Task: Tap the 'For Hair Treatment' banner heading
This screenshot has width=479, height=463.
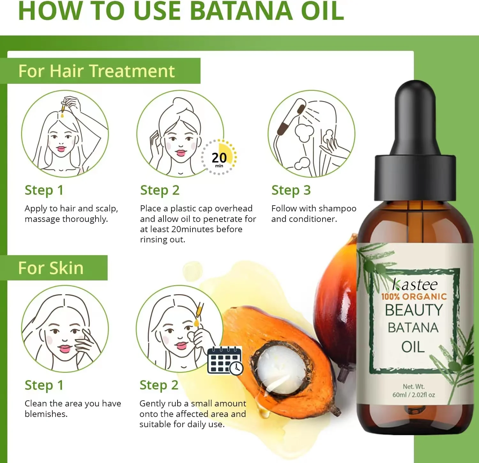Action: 96,71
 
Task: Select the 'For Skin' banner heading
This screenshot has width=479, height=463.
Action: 51,268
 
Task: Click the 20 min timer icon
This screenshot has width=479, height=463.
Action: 219,158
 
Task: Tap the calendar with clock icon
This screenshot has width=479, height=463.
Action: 225,361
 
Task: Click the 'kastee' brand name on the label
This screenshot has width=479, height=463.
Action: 415,284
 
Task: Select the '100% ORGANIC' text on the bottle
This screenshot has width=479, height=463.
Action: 414,297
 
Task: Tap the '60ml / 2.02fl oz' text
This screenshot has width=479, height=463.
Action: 414,395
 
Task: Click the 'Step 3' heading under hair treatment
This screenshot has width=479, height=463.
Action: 291,190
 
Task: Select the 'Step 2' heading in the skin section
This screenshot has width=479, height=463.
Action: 159,385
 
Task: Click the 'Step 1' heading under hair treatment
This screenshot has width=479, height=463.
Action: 44,190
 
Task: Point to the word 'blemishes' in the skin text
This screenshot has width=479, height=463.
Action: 46,414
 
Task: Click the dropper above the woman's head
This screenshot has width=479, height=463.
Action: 64,107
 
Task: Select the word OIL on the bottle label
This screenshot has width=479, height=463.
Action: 413,347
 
